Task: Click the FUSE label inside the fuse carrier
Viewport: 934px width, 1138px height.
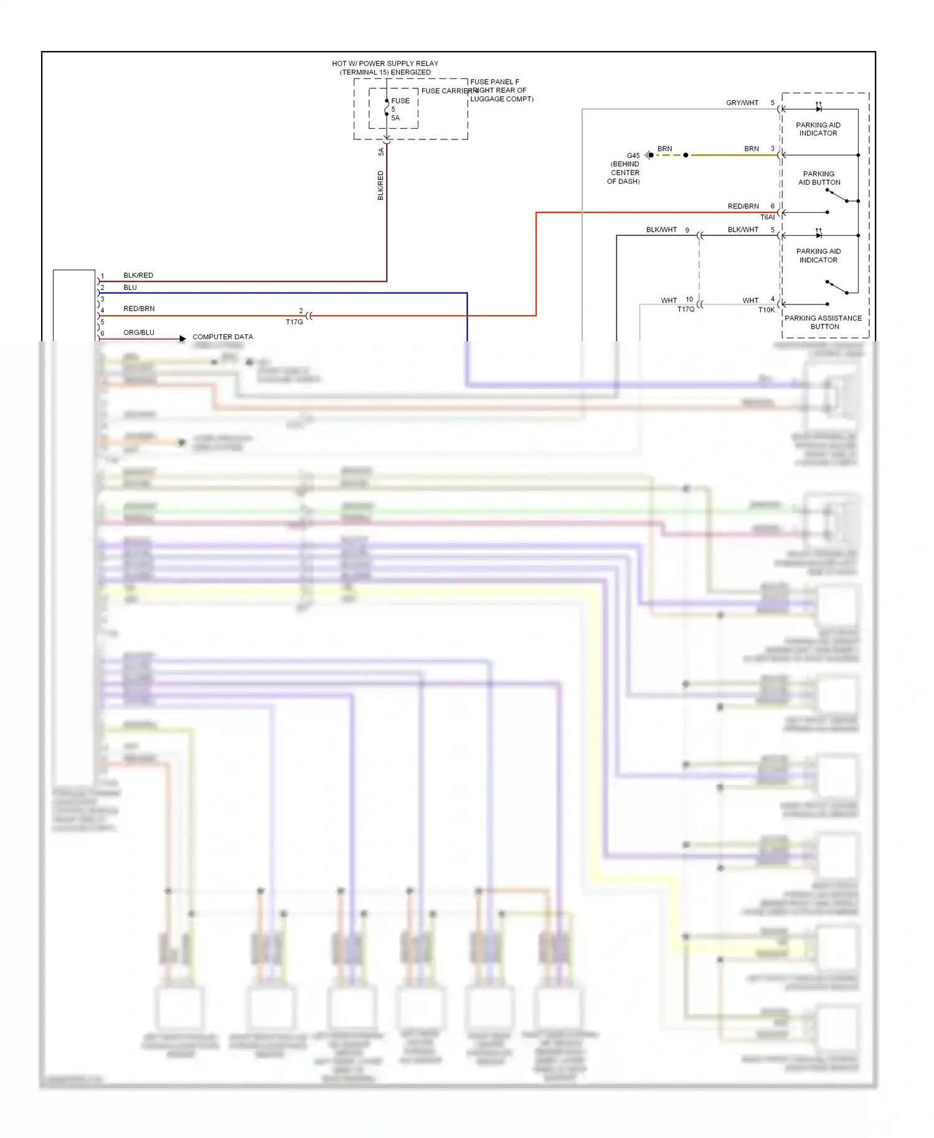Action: pos(400,101)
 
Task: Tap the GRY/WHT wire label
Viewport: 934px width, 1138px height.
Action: pos(742,103)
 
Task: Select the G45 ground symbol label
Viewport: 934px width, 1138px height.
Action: pos(633,156)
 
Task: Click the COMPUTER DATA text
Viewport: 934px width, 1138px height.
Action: pos(222,337)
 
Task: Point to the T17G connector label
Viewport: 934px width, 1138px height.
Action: pos(294,322)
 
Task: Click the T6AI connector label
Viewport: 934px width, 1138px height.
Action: pos(767,217)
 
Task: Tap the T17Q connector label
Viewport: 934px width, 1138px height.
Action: pos(686,309)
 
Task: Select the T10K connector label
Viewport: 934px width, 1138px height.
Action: pos(767,310)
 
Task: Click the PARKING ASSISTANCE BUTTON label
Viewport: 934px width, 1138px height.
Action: pos(823,322)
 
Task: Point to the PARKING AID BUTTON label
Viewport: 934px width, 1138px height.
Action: pos(819,178)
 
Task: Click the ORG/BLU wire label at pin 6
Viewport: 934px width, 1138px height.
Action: pos(138,332)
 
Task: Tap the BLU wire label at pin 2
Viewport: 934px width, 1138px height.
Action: pos(130,288)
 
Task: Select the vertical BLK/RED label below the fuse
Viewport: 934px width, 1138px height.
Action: pos(380,185)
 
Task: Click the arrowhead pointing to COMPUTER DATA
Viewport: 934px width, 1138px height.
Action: pos(182,339)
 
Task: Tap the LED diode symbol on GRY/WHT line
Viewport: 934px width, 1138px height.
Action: pos(818,108)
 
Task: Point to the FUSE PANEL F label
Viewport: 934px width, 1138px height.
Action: pos(495,82)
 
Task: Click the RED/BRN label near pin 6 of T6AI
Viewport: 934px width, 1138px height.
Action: pos(743,206)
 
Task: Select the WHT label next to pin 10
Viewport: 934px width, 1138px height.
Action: pos(668,301)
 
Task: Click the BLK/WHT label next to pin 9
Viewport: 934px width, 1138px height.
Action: pos(661,230)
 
